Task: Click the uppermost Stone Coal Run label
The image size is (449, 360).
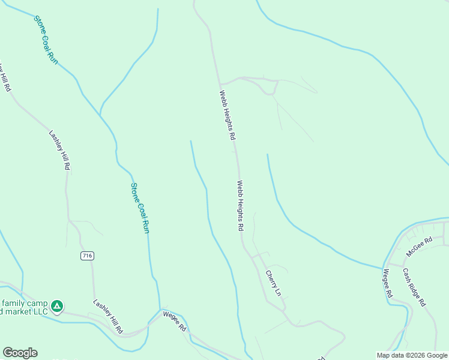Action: [x=46, y=40]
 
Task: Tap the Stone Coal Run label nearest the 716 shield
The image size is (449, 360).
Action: [x=140, y=208]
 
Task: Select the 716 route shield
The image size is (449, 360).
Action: [x=88, y=256]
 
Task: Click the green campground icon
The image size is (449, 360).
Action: [x=56, y=307]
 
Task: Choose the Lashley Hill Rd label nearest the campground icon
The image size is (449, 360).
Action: [x=108, y=316]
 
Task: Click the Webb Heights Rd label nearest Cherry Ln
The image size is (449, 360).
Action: [x=240, y=206]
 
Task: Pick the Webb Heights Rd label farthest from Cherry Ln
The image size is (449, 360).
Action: [x=227, y=115]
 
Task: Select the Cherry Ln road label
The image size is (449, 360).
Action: [x=273, y=283]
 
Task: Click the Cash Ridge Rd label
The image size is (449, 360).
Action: [x=414, y=287]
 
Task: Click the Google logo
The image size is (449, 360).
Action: [x=20, y=353]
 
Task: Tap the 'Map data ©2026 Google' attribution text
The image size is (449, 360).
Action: [x=412, y=355]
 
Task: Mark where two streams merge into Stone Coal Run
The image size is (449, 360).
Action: [x=100, y=113]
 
